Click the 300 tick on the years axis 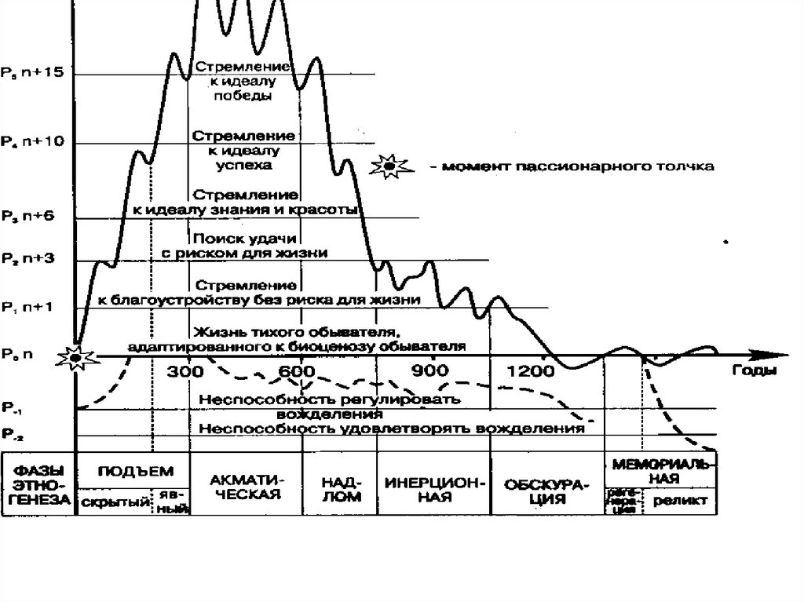188,371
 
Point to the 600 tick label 298,371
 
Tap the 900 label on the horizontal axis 429,371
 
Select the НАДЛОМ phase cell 340,487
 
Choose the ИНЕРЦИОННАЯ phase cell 433,487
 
